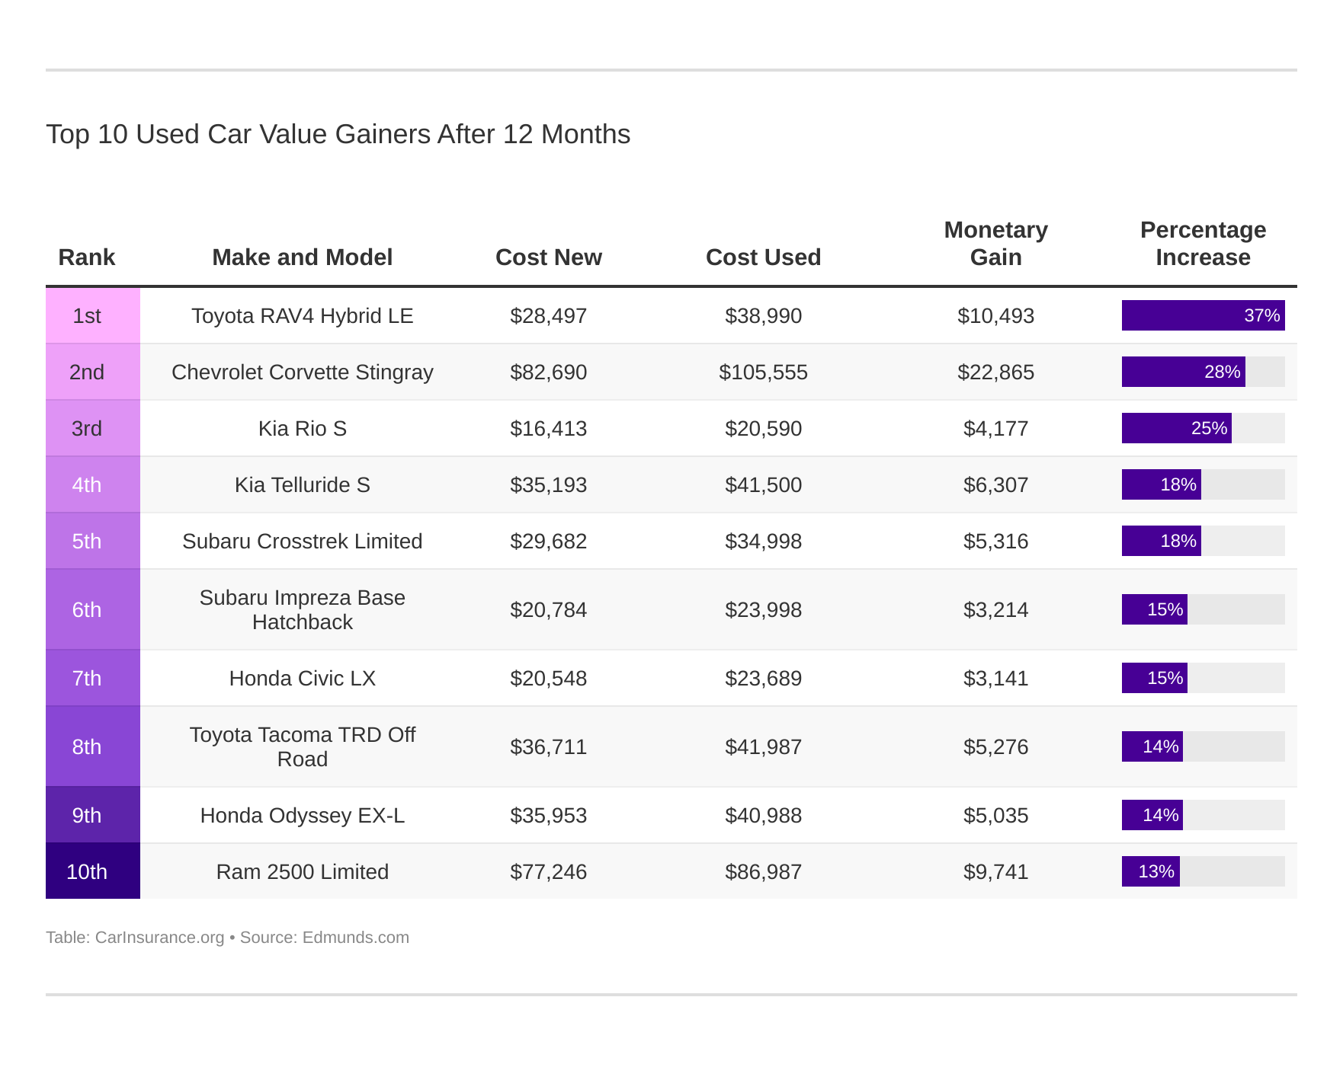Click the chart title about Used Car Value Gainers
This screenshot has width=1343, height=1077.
(x=338, y=134)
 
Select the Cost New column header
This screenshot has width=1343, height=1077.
(x=548, y=257)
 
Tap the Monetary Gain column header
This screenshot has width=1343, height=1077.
(x=995, y=244)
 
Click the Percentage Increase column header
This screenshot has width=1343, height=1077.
(x=1202, y=244)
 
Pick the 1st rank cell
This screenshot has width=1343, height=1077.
(x=87, y=315)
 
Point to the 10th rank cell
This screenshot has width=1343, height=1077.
(x=87, y=871)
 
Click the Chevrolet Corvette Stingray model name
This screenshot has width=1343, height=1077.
(x=302, y=372)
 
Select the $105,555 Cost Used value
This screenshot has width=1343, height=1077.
(x=763, y=372)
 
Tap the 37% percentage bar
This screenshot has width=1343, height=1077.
(x=1202, y=315)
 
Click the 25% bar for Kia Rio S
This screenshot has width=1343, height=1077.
(x=1176, y=428)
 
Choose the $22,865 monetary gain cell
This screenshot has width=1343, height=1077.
(x=995, y=372)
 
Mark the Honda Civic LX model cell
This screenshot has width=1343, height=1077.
(x=302, y=678)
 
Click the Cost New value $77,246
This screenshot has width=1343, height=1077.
(x=548, y=871)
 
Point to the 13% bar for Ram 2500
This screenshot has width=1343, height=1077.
(x=1150, y=871)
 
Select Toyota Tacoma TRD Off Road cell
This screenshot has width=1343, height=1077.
(x=302, y=746)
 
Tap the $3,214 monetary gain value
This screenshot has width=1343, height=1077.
(x=995, y=609)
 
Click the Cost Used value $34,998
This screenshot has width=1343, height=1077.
(x=763, y=541)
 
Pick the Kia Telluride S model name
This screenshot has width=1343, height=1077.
(x=302, y=484)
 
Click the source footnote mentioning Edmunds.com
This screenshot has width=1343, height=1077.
(x=227, y=938)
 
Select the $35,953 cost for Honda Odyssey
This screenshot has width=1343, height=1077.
(x=548, y=815)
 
